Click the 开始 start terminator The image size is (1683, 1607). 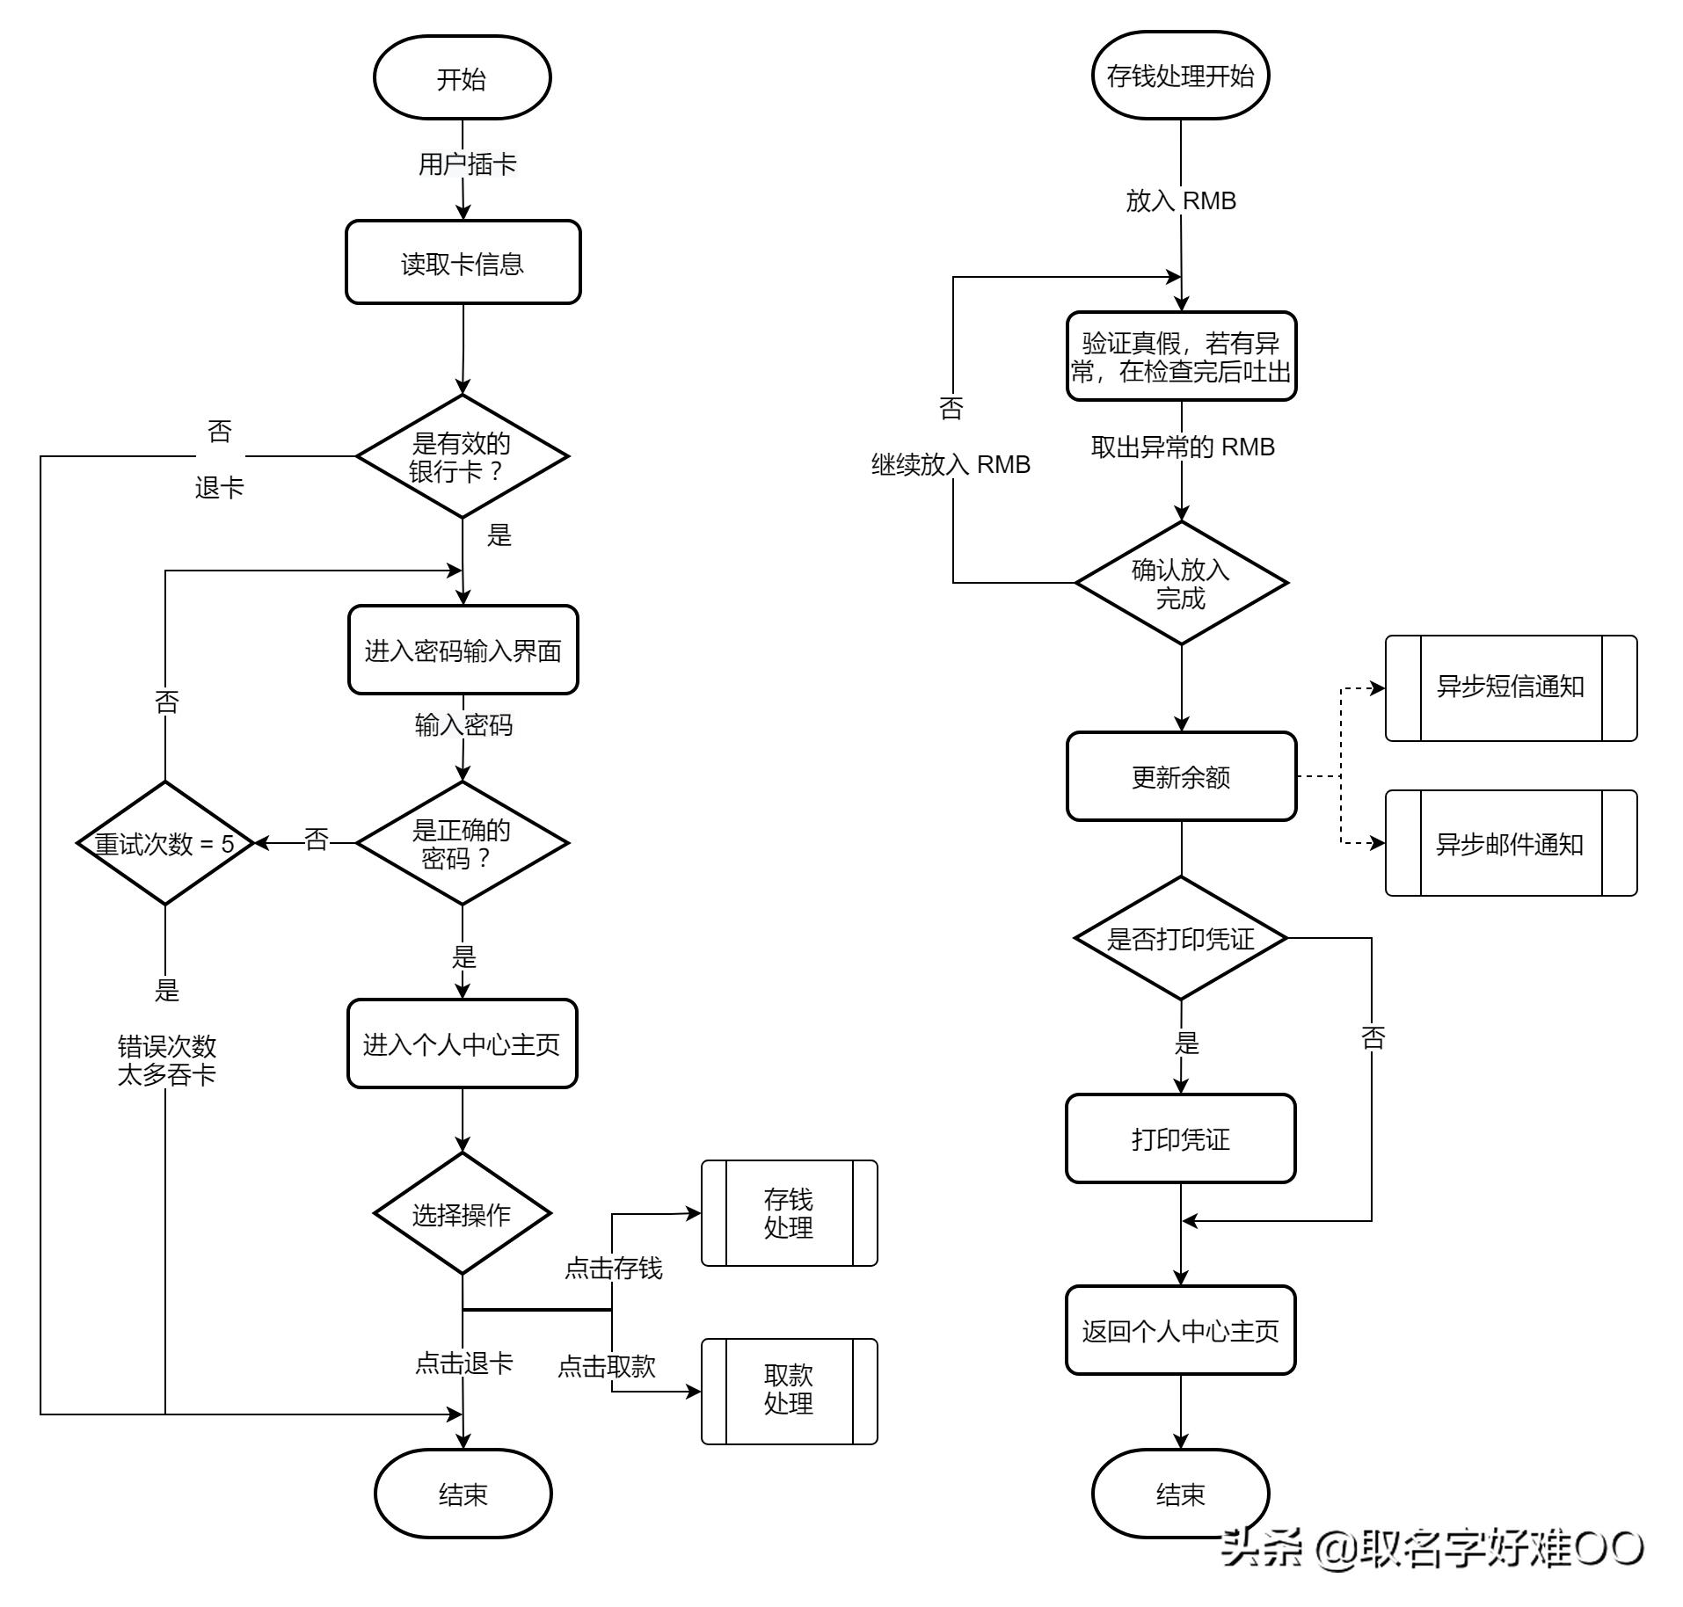click(x=462, y=77)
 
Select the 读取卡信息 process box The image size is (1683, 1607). click(x=463, y=262)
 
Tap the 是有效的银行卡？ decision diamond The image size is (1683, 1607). click(x=463, y=456)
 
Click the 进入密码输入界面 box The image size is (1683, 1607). click(x=463, y=651)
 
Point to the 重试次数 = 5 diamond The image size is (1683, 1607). click(x=165, y=843)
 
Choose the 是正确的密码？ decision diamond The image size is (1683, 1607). click(x=463, y=843)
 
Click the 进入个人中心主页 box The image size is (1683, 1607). click(x=462, y=1043)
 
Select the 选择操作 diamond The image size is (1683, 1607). click(x=463, y=1214)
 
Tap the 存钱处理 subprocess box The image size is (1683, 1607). click(x=789, y=1213)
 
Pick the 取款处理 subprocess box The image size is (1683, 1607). click(x=789, y=1392)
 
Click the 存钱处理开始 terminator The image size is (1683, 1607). click(x=1180, y=76)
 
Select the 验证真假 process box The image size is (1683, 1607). click(x=1181, y=356)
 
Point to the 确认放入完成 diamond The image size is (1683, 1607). click(x=1181, y=583)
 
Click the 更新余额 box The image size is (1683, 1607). click(x=1181, y=776)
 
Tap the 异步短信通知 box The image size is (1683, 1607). click(x=1511, y=688)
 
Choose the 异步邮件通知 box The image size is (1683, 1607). click(x=1511, y=843)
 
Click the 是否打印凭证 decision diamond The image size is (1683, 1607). click(x=1181, y=938)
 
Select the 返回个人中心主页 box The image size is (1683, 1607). click(x=1180, y=1330)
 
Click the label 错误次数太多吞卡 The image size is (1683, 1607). click(x=166, y=1060)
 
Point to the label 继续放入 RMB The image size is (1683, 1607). click(x=951, y=464)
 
